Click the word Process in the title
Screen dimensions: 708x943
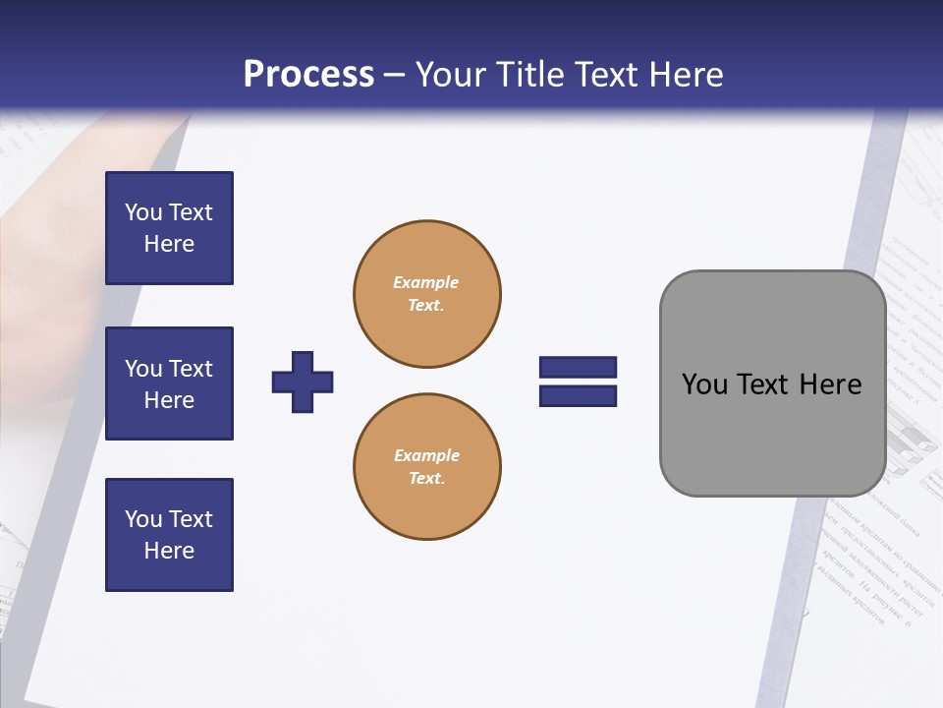click(x=308, y=75)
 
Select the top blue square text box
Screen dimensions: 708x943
click(x=169, y=228)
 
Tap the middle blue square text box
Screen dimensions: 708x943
click(x=169, y=383)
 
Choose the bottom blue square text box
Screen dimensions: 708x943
click(x=169, y=535)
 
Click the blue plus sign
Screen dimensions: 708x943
click(x=303, y=382)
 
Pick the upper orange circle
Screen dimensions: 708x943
click(x=426, y=293)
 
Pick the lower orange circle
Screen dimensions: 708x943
click(x=426, y=466)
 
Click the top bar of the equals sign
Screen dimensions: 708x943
click(x=578, y=368)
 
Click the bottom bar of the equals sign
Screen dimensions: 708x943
click(x=578, y=395)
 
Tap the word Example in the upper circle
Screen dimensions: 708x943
click(x=425, y=282)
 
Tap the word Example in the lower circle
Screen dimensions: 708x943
click(x=425, y=455)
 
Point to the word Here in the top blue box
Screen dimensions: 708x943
click(x=169, y=244)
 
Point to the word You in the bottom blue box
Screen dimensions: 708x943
click(x=143, y=519)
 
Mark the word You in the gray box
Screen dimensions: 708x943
click(x=704, y=384)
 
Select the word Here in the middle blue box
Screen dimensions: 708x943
click(x=169, y=400)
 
